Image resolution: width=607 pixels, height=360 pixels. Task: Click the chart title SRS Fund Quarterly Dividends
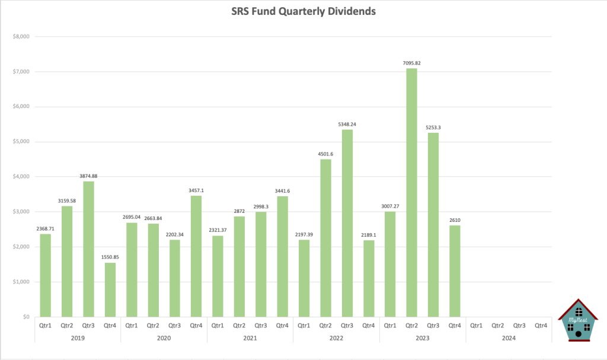(303, 11)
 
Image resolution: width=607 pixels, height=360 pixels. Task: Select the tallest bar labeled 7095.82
(411, 192)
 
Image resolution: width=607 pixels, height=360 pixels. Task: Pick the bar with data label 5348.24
(347, 223)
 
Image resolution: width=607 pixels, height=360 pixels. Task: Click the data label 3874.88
(88, 176)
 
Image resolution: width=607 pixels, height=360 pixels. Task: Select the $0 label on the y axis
(26, 317)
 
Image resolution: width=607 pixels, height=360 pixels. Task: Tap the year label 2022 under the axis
(336, 337)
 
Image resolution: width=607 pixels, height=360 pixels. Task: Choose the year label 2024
(509, 337)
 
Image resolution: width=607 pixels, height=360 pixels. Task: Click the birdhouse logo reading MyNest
(579, 320)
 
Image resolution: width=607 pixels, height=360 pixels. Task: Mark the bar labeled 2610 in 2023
(455, 271)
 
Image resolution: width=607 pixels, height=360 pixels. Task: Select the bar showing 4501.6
(325, 238)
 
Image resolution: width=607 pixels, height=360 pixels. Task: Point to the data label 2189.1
(368, 235)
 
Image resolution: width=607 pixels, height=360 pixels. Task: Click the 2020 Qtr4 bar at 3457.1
(196, 256)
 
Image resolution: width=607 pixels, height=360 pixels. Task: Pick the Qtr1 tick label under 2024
(476, 325)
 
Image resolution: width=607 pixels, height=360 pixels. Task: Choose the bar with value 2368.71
(45, 275)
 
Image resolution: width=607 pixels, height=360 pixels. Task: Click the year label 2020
(164, 337)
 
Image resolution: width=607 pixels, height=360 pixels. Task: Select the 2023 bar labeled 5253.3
(433, 225)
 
